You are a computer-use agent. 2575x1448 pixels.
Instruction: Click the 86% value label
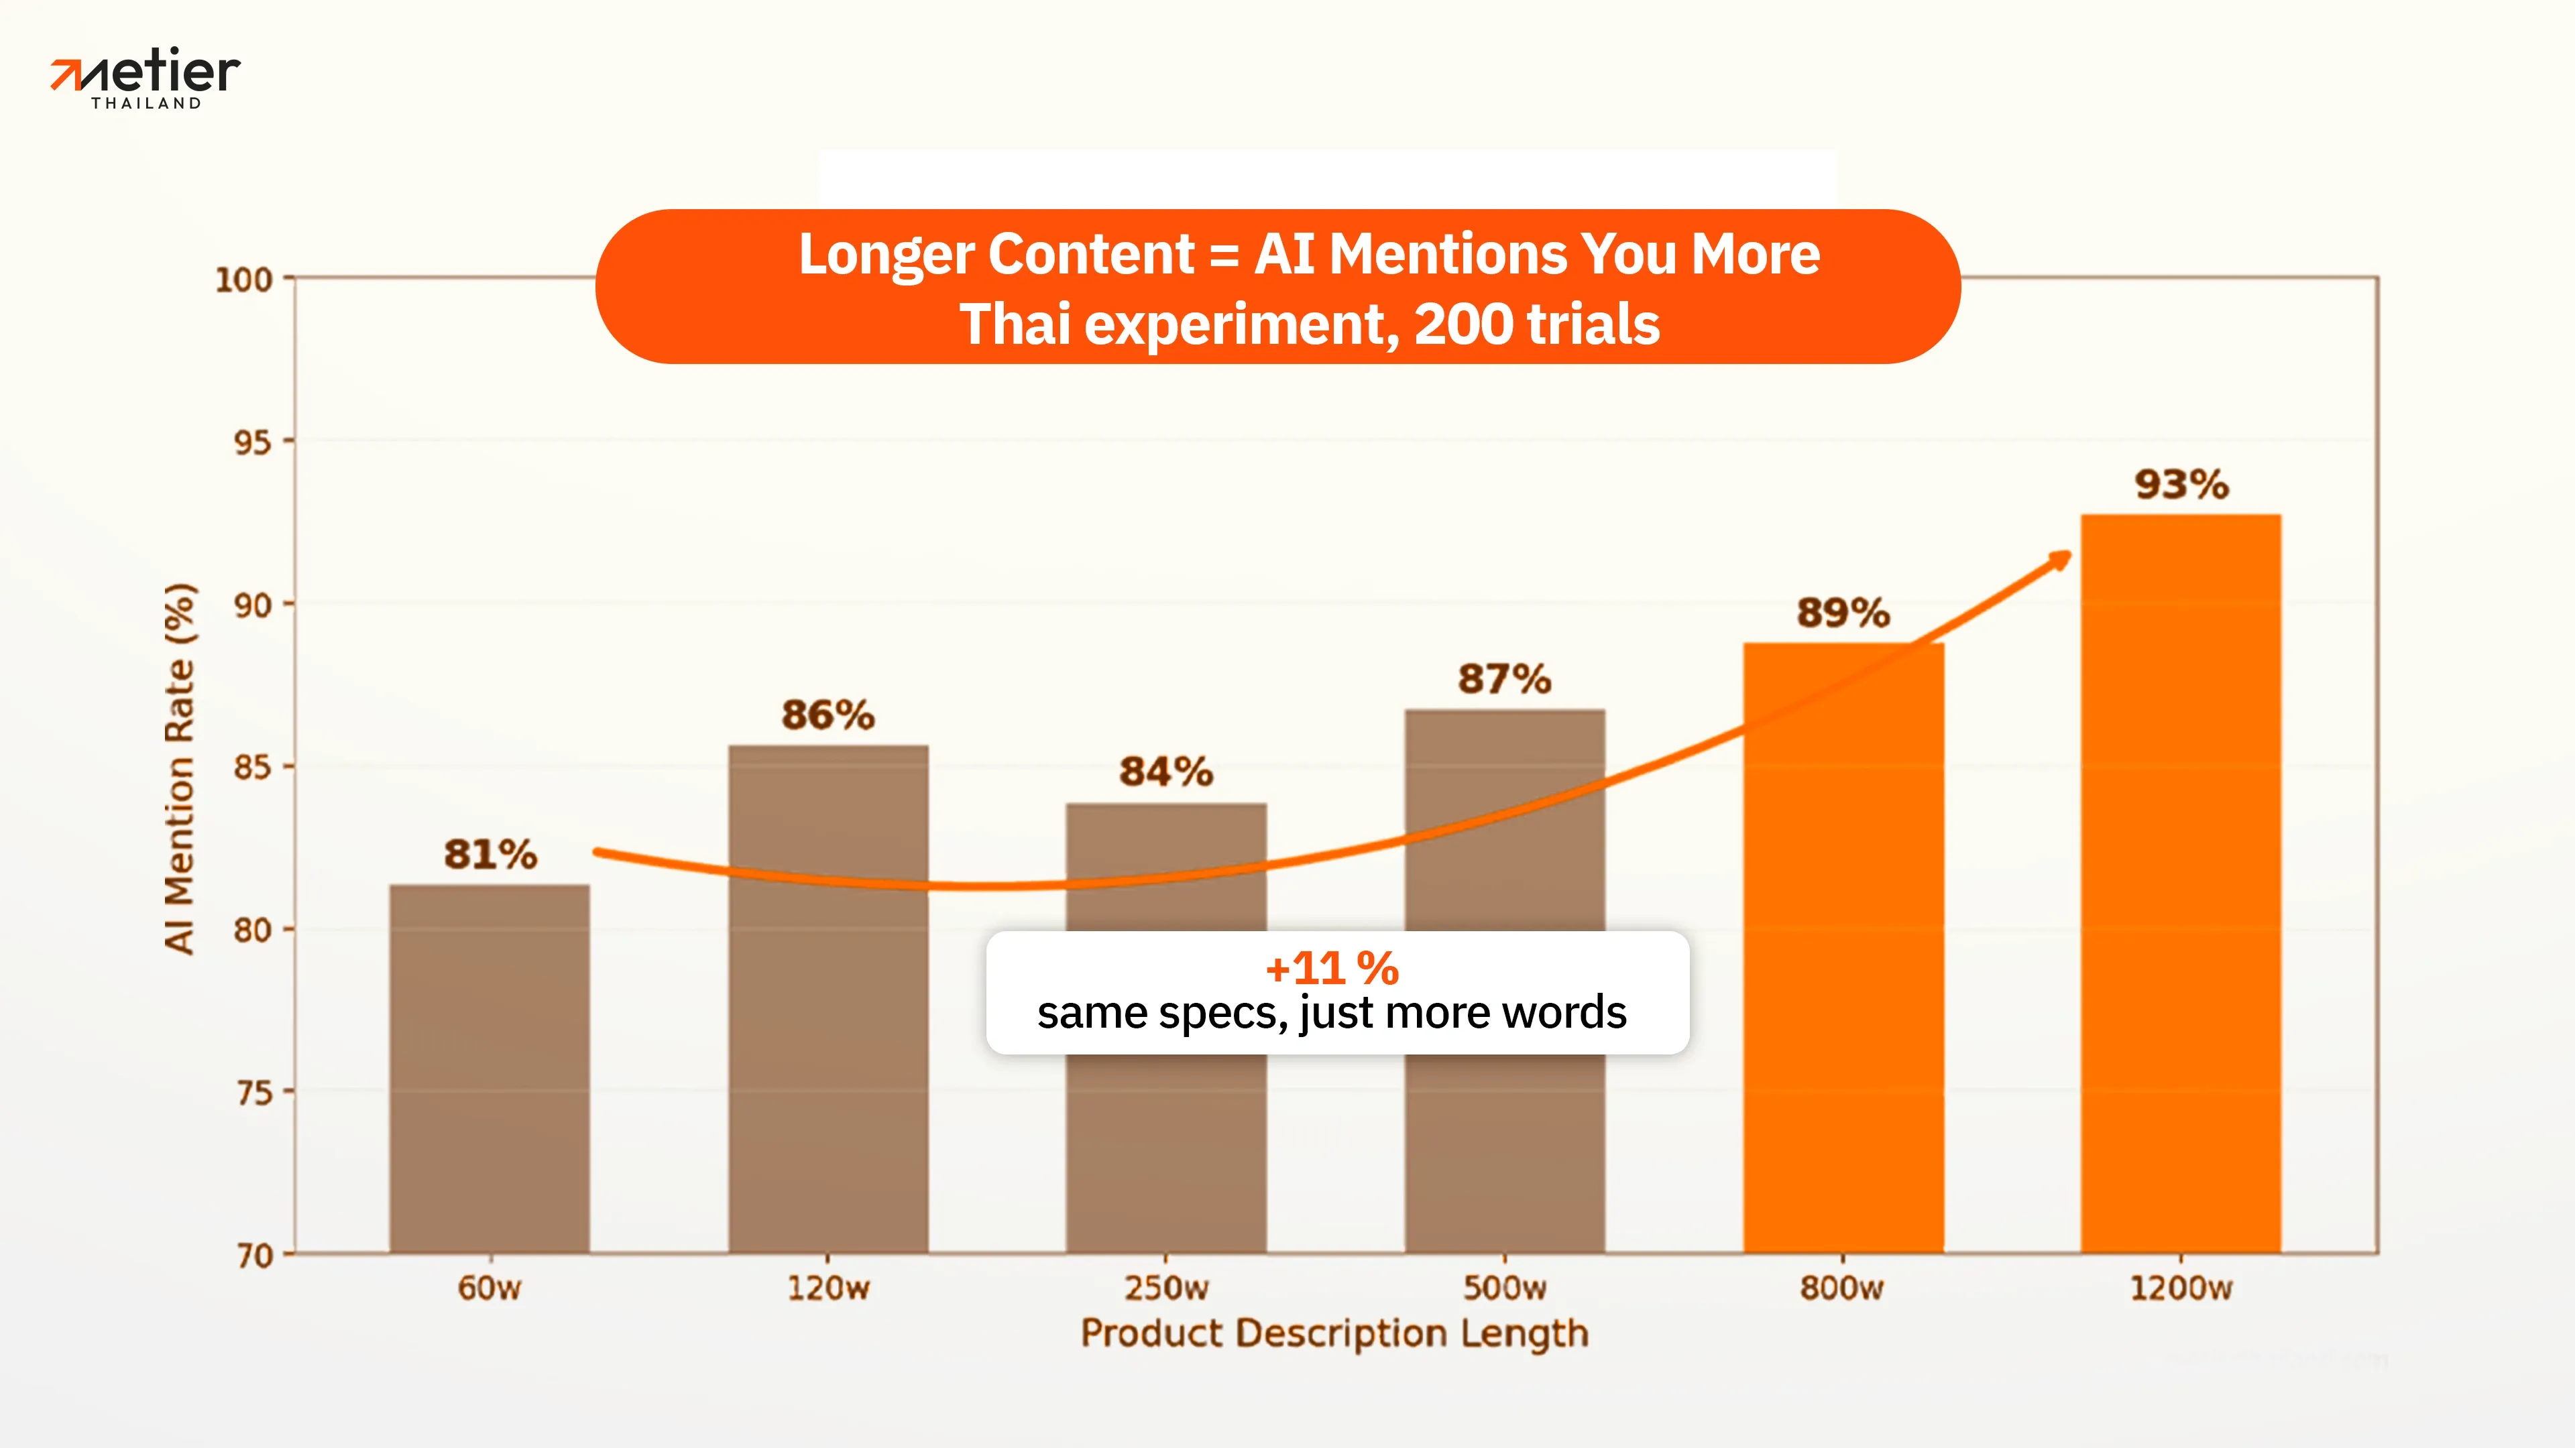827,715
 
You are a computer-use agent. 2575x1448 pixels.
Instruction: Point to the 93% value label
2181,485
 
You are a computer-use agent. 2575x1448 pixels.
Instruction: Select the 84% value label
1165,772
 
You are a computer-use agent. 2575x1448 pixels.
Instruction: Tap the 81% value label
490,855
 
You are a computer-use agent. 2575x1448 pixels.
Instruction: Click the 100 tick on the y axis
244,280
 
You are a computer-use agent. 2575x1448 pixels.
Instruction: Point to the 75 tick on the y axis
252,1092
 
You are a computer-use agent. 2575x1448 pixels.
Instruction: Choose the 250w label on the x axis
1165,1287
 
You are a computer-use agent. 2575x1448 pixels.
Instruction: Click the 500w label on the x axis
1504,1287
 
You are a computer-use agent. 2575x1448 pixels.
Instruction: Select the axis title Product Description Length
1334,1333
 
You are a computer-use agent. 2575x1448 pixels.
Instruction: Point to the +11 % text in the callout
1332,967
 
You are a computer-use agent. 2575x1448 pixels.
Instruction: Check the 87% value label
1504,680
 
